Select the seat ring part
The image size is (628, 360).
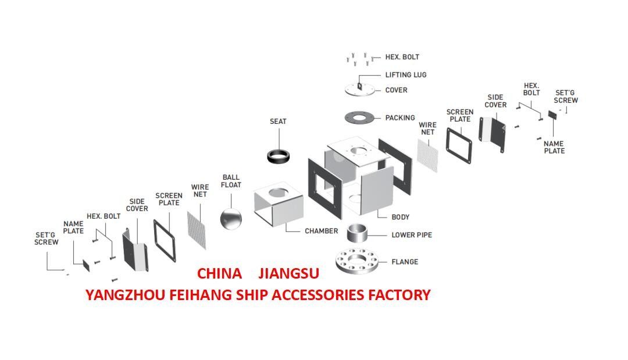click(279, 156)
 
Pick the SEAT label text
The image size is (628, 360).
click(278, 122)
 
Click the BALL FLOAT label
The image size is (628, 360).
click(231, 181)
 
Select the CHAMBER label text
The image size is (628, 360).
click(321, 231)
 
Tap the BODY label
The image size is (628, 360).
click(401, 217)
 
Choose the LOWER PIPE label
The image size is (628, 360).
click(412, 235)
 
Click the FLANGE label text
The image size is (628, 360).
click(405, 262)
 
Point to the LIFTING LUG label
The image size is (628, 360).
click(406, 75)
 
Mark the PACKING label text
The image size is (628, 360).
click(400, 118)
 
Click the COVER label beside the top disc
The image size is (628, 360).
click(397, 90)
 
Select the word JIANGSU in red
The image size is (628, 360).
click(288, 273)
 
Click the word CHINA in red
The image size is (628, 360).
click(219, 273)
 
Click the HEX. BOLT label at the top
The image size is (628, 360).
click(402, 57)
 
